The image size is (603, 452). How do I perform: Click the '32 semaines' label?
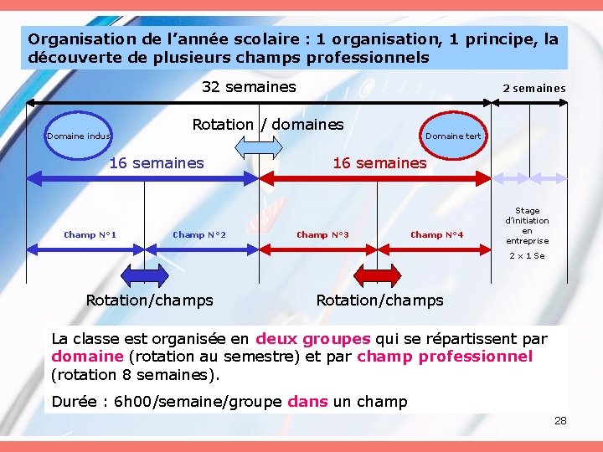pos(249,87)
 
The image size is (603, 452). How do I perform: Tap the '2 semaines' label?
pos(533,88)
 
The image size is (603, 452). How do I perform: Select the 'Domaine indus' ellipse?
pos(79,136)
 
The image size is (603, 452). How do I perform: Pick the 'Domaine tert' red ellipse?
pos(452,136)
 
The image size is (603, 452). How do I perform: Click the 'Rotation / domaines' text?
pos(268,125)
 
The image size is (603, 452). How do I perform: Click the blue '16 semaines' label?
pos(157,163)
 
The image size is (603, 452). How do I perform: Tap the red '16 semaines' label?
pos(379,163)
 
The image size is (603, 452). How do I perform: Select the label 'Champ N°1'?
pos(90,235)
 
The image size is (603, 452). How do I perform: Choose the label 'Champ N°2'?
pos(199,235)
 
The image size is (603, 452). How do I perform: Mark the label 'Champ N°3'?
pos(322,235)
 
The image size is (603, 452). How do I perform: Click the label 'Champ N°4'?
pos(436,235)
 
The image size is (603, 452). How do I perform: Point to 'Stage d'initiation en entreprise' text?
pos(527,226)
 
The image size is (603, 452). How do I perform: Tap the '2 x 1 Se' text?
pos(527,256)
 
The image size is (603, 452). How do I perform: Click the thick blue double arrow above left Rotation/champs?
pos(146,275)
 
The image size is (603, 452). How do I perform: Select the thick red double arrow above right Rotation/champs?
pos(379,275)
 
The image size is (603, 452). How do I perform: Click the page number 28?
pos(560,420)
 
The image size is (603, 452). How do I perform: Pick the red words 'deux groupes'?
pos(312,339)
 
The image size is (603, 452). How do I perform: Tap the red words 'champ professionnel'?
pos(445,357)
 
